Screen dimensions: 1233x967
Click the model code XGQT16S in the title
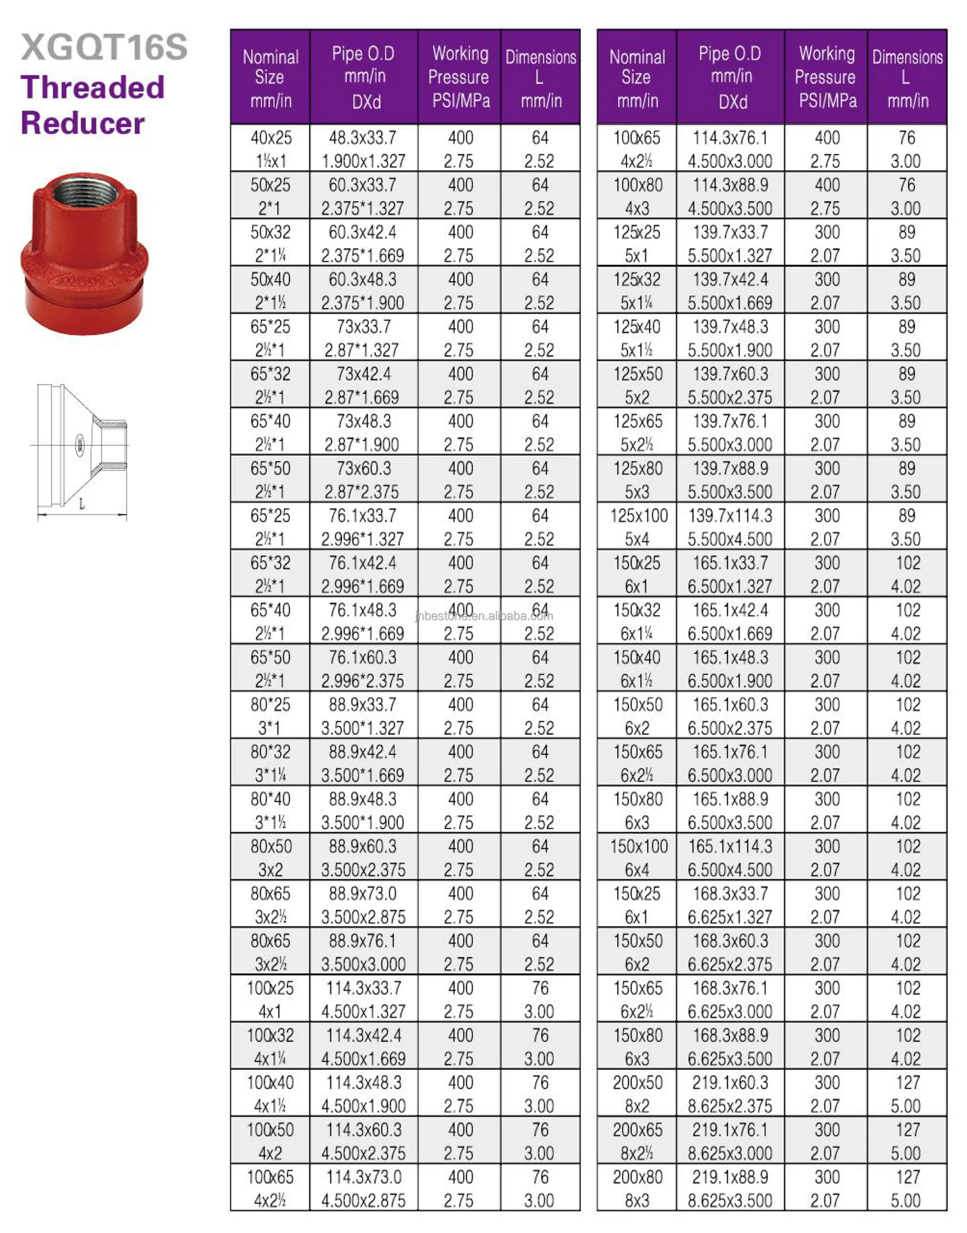pyautogui.click(x=104, y=47)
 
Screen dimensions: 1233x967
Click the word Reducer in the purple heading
pyautogui.click(x=83, y=123)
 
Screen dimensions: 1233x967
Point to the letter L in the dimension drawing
pyautogui.click(x=82, y=504)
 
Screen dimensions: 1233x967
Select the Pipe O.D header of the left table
pyautogui.click(x=364, y=77)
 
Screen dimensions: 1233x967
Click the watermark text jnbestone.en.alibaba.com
pyautogui.click(x=484, y=616)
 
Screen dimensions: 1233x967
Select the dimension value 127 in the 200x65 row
pyautogui.click(x=908, y=1130)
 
